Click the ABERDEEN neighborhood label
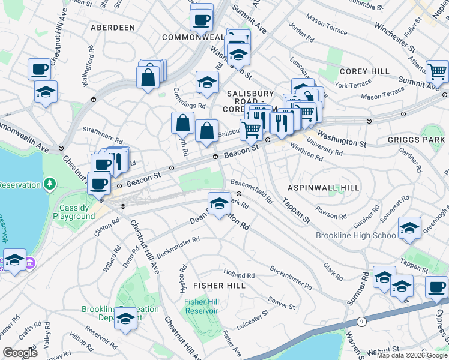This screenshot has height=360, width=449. coord(112,28)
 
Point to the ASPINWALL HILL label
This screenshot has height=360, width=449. coord(325,188)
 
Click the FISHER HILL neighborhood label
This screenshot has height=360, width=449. coord(220,286)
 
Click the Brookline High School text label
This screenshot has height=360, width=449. coord(357,235)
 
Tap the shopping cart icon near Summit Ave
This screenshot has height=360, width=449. coord(438,71)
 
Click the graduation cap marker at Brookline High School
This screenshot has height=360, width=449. coord(410,229)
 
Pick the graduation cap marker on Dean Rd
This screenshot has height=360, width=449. coord(220,202)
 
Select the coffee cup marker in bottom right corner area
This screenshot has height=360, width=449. coord(437,286)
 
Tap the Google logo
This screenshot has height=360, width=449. coord(20,352)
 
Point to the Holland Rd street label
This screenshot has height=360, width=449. coord(239,275)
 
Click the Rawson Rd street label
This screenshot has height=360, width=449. coord(332,214)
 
